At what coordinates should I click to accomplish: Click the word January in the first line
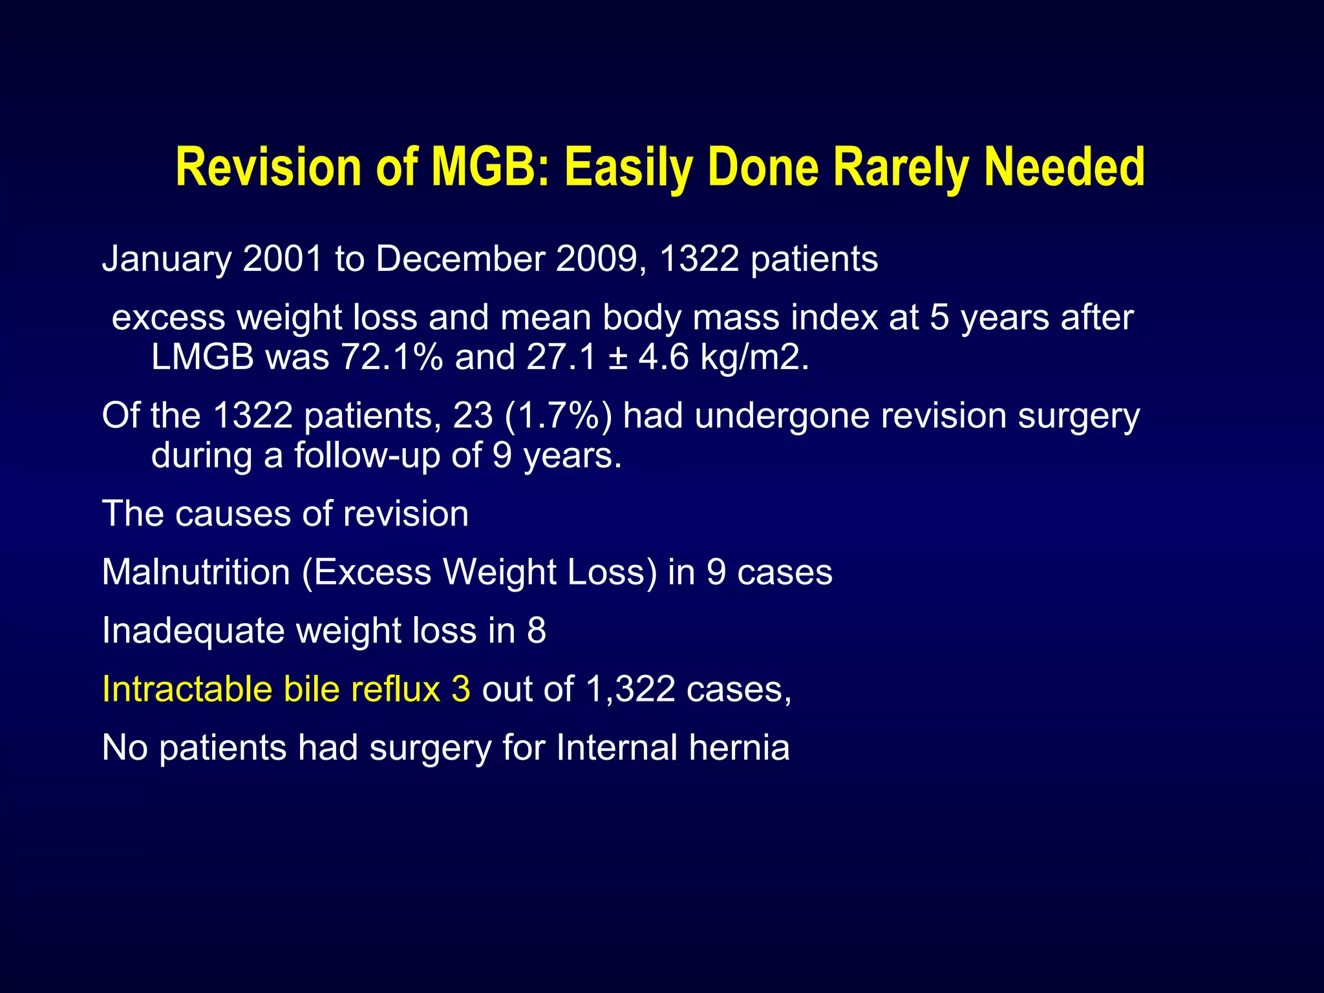pos(166,259)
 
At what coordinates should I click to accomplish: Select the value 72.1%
pos(392,357)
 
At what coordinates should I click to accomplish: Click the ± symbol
pos(617,358)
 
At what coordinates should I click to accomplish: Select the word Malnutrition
pos(196,572)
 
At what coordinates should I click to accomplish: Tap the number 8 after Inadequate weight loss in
pos(536,630)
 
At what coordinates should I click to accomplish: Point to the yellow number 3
pos(461,689)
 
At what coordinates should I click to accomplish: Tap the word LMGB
pos(202,357)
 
